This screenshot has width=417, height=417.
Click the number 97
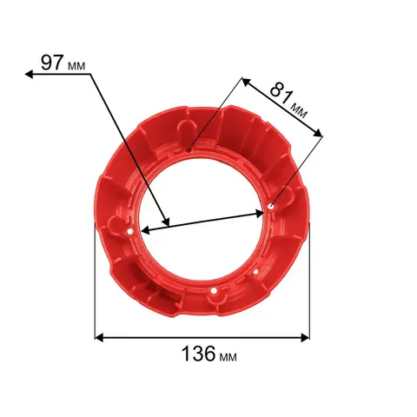click(x=52, y=63)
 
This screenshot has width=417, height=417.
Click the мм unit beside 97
click(x=76, y=66)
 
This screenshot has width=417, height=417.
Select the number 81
click(x=281, y=93)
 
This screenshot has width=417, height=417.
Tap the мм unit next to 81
click(x=298, y=111)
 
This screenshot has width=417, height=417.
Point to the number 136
click(x=199, y=354)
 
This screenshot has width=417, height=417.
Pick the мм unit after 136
click(x=228, y=357)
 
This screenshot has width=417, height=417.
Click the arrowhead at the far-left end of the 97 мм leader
click(x=29, y=75)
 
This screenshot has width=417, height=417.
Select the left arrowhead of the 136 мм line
click(x=99, y=338)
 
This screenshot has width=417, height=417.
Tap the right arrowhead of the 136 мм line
click(x=306, y=338)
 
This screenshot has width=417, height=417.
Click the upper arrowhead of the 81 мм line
click(x=246, y=82)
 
